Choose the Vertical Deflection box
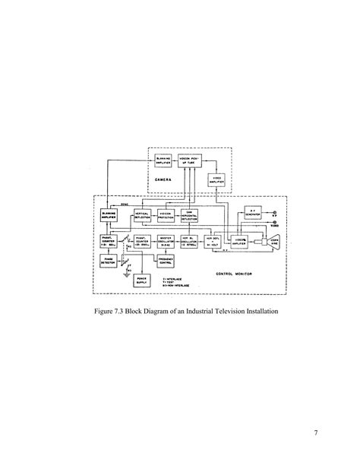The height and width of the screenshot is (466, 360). (x=146, y=217)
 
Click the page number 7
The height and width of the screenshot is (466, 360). (x=314, y=434)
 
